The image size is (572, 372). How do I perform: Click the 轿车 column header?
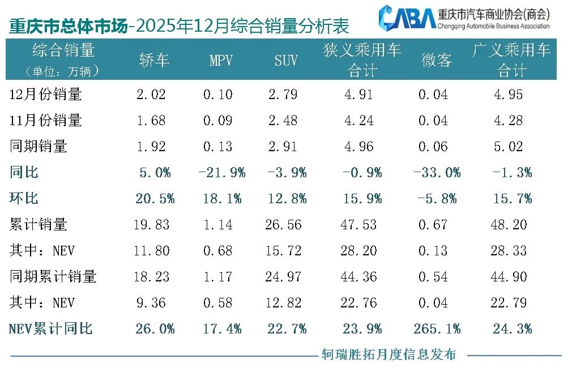click(x=154, y=60)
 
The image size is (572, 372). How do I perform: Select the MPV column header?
click(x=221, y=60)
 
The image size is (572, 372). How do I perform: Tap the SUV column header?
click(x=286, y=60)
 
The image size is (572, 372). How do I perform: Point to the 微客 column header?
click(x=437, y=60)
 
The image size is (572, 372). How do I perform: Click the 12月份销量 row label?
click(x=46, y=95)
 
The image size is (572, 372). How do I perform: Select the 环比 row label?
click(x=24, y=199)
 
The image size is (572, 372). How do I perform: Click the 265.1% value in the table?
click(x=437, y=329)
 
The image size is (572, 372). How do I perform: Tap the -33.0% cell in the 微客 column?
click(x=437, y=173)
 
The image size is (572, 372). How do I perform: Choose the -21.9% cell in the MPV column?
click(x=221, y=173)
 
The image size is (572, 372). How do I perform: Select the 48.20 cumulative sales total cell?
click(x=509, y=225)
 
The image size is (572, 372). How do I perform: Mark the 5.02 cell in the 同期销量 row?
click(x=509, y=147)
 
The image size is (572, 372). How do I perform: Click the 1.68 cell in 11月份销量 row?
click(x=151, y=121)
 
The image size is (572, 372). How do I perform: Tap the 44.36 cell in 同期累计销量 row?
click(x=358, y=277)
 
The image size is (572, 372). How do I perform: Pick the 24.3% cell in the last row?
click(x=513, y=329)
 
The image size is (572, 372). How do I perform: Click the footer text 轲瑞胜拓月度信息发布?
click(x=389, y=355)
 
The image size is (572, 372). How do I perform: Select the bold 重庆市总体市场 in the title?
click(x=67, y=26)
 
